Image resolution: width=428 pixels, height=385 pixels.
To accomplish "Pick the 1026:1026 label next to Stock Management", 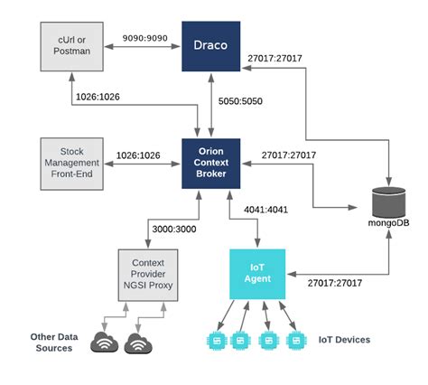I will tap(138, 155).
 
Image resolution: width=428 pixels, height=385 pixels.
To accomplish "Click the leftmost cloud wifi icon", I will tap(107, 343).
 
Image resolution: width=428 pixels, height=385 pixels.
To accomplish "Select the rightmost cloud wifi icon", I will tap(140, 343).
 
